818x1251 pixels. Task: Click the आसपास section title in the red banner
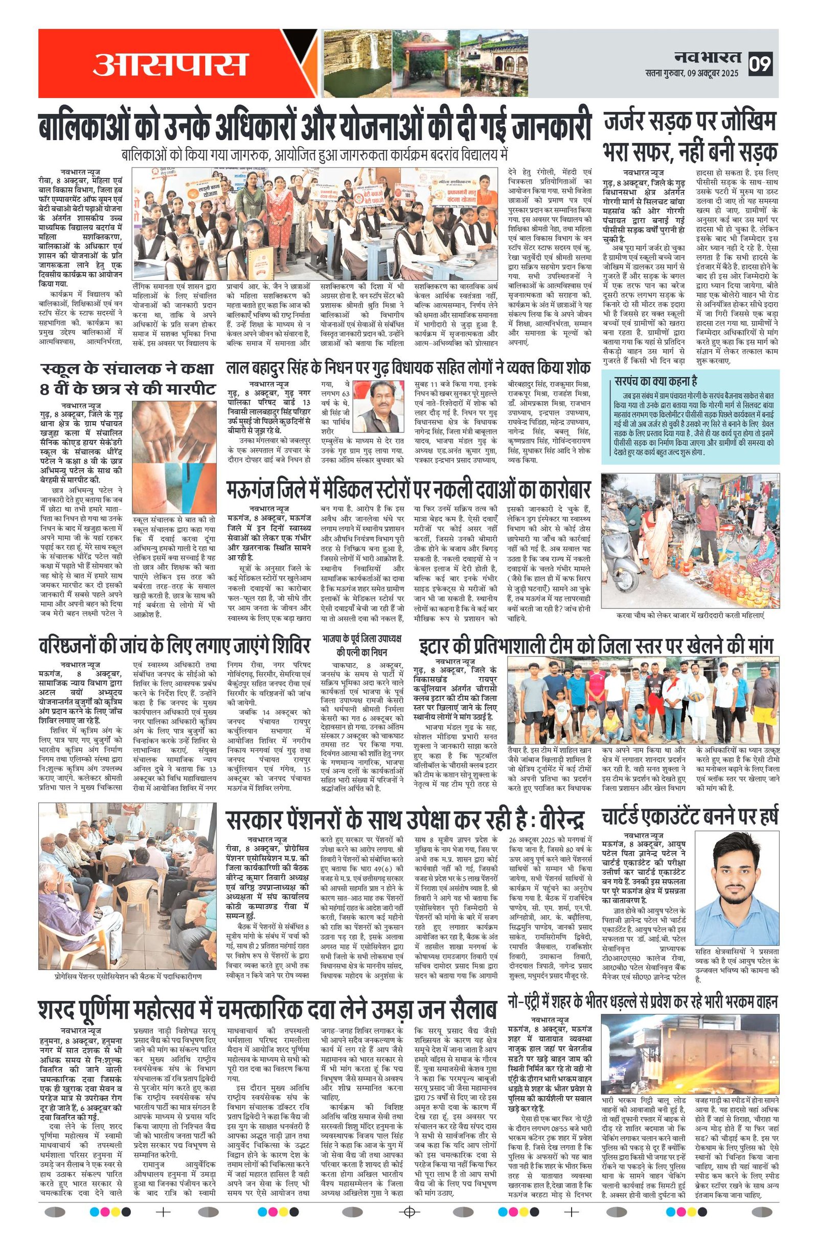click(x=170, y=63)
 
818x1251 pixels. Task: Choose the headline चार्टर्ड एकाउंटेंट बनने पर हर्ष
click(x=690, y=818)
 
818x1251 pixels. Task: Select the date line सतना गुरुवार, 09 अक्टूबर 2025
click(x=691, y=74)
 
